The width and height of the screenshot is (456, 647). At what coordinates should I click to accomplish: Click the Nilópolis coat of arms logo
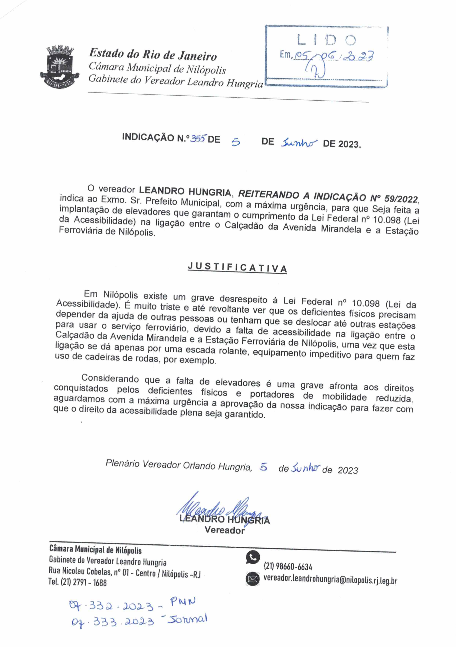point(59,66)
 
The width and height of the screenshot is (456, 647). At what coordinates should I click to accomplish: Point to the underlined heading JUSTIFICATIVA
point(237,267)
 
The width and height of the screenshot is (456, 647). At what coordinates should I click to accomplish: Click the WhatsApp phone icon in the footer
point(253,557)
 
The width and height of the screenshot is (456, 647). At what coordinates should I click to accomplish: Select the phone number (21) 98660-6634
point(288,566)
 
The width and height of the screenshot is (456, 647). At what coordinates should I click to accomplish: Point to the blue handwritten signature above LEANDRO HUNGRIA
point(220,508)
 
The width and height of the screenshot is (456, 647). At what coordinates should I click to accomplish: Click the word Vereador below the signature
point(225,530)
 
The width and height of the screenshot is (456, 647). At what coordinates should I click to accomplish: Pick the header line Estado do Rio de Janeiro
point(153,54)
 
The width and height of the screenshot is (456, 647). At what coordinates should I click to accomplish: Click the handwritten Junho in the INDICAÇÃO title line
point(299,143)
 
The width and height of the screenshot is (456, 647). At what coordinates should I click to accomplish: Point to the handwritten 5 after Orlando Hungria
point(263,467)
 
